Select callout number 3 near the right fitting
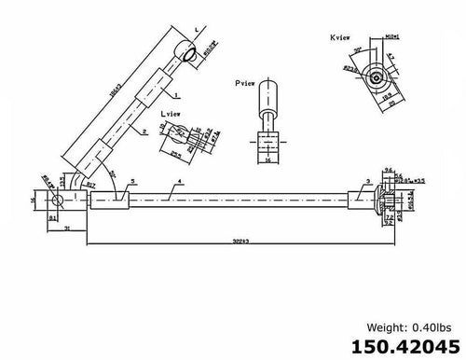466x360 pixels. pyautogui.click(x=368, y=179)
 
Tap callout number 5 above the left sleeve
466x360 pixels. pyautogui.click(x=132, y=179)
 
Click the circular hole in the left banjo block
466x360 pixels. pyautogui.click(x=57, y=201)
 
